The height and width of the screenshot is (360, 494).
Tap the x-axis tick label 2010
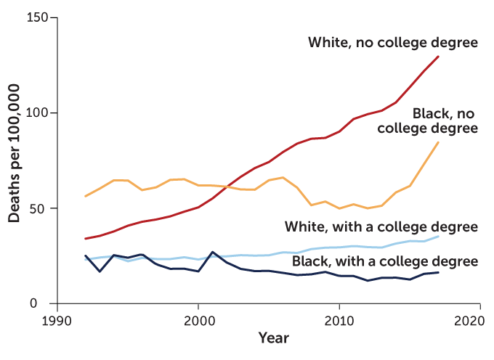coord(336,321)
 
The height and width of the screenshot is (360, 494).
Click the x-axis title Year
coord(273,339)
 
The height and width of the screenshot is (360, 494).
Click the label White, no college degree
coord(393,43)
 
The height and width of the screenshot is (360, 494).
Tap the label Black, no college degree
coord(429,120)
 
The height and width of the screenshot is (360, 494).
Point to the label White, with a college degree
coord(381,227)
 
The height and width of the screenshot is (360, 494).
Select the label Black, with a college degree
coord(385,261)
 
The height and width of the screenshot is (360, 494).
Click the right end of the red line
coord(439,56)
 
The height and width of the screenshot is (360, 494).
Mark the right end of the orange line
coord(439,142)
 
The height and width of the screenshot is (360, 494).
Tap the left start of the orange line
coord(85,197)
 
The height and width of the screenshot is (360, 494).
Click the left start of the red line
coord(85,239)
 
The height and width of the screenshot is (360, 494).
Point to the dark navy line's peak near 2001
coord(212,252)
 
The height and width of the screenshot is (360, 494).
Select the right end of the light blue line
coord(439,236)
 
